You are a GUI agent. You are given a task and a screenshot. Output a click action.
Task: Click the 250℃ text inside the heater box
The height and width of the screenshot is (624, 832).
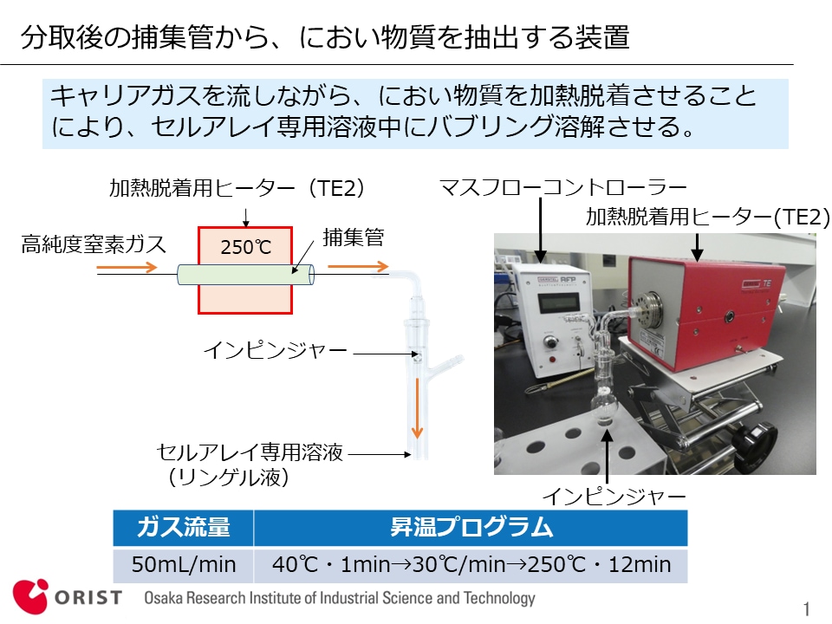coord(245,247)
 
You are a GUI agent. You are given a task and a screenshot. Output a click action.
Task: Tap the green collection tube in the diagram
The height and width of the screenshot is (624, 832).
coord(245,275)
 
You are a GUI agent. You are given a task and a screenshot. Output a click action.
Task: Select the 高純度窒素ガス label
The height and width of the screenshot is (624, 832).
coord(94,244)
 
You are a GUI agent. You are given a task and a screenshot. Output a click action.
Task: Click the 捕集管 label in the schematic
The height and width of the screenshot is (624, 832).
coord(354,237)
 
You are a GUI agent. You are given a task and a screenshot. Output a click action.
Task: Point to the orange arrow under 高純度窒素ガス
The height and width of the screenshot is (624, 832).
coord(127,267)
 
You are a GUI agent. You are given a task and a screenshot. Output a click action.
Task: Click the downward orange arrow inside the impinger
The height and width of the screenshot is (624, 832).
coord(417,407)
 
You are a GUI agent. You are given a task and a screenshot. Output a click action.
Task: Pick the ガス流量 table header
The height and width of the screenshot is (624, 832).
coord(183,528)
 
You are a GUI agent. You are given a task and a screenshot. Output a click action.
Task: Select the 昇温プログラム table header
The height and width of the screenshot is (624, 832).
coord(471,528)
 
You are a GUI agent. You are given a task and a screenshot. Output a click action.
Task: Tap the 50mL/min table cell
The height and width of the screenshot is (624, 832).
coord(183,564)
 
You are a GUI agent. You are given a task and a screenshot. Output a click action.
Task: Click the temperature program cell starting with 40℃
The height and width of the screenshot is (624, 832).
coord(471,564)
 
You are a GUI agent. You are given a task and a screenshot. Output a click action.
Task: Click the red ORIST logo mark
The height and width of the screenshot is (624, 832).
coord(30,597)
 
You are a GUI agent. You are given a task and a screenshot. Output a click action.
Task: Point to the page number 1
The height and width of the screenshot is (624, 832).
coord(807,608)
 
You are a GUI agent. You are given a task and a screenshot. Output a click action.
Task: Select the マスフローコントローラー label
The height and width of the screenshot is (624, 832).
coord(563,187)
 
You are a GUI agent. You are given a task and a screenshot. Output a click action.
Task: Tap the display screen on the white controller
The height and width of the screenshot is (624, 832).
coord(558,303)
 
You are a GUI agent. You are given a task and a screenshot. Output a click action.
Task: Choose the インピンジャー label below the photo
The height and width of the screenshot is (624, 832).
coord(614,497)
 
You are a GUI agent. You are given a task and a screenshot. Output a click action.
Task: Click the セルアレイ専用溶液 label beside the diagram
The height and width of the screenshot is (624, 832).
coord(250,452)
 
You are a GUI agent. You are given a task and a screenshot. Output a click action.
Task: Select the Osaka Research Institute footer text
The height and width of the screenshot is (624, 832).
coord(340,598)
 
